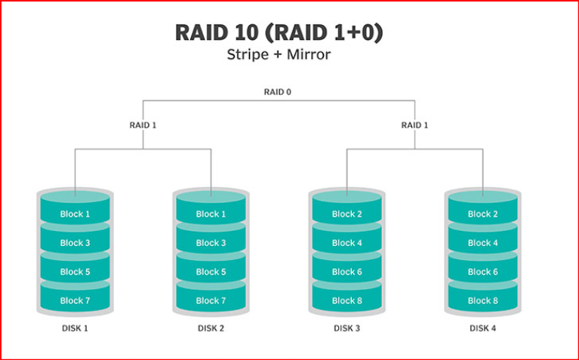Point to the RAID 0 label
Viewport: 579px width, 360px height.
(x=278, y=92)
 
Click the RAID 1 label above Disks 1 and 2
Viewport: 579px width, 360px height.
(x=143, y=125)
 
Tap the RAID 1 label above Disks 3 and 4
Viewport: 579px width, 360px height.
(x=414, y=125)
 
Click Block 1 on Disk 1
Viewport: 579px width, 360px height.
(x=75, y=214)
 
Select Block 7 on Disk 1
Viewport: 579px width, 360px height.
(x=75, y=300)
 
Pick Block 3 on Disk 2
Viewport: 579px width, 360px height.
(x=211, y=243)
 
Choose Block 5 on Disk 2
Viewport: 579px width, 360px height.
(x=211, y=272)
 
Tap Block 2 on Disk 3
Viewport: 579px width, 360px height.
(x=346, y=214)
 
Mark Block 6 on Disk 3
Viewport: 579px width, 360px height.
(x=346, y=272)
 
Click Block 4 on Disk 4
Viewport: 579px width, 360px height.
(x=482, y=243)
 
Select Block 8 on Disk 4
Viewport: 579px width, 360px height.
(x=482, y=300)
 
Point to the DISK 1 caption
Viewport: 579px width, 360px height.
(x=75, y=328)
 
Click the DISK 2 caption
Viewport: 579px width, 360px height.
(x=211, y=328)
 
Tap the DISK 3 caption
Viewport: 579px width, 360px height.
(x=346, y=328)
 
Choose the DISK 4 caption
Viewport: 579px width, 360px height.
(x=482, y=328)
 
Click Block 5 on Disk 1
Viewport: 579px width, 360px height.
(x=75, y=272)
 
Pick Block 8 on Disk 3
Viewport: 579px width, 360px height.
(x=346, y=300)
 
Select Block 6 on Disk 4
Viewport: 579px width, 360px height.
(x=482, y=272)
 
